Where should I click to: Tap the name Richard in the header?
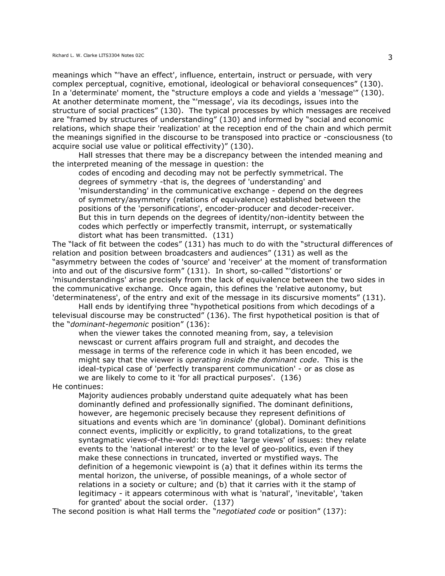tap(59, 55)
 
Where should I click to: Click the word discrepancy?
tap(226, 155)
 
